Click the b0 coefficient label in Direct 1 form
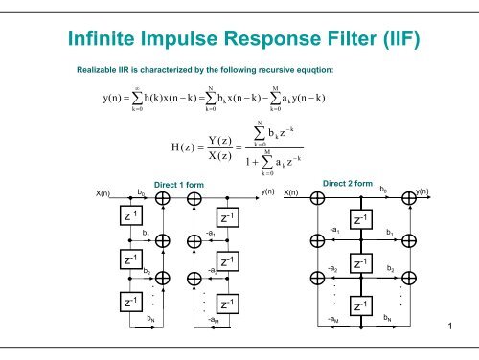tap(143, 192)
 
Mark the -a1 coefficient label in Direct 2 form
tap(332, 231)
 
